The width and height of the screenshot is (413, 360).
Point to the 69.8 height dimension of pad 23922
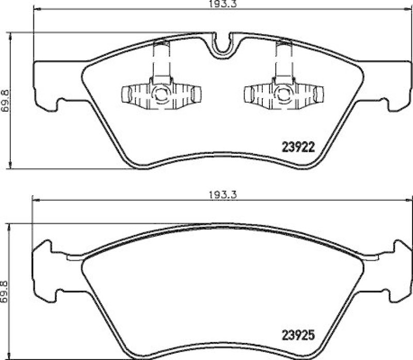[x=6, y=100]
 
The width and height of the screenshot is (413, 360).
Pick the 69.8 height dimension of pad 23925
[x=6, y=291]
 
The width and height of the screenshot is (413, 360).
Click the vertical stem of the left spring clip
[x=160, y=62]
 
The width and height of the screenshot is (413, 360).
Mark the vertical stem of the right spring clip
[x=283, y=62]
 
